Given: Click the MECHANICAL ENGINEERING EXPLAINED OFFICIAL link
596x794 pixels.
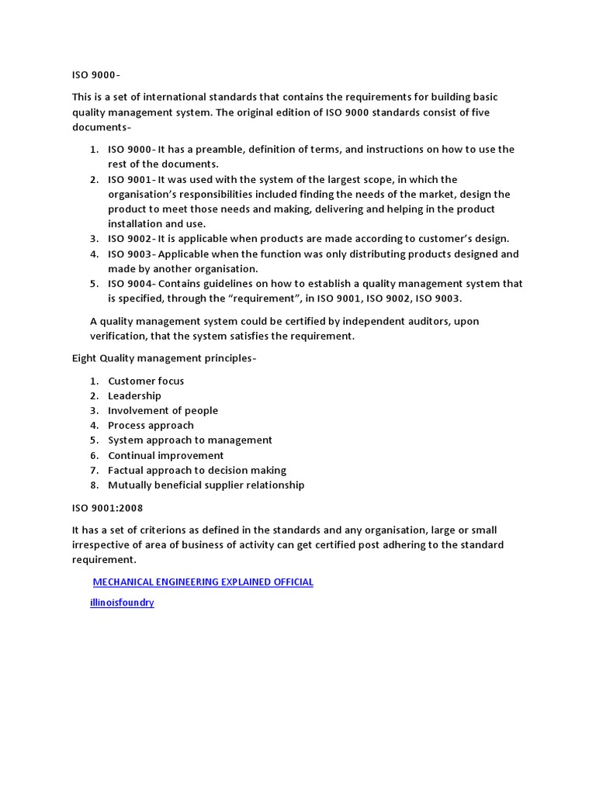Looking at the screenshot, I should (x=203, y=582).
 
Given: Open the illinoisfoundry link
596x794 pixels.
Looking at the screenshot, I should (x=123, y=602).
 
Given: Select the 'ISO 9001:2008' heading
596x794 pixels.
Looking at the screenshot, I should (x=107, y=508).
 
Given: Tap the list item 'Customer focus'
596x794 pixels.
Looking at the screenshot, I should (x=146, y=381).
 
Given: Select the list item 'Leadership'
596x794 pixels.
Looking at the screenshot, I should (x=134, y=395).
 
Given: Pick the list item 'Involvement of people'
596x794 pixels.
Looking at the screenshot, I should (x=163, y=410).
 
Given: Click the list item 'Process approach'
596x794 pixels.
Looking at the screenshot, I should (x=151, y=425).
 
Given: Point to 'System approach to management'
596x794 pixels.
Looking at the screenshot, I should (x=190, y=440).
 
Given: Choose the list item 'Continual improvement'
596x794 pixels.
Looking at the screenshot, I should (x=165, y=455).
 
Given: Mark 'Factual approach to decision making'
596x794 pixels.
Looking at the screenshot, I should (x=197, y=470).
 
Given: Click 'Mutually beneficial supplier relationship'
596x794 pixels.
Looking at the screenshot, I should (x=206, y=485).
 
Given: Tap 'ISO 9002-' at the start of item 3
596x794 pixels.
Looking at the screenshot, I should (x=132, y=239).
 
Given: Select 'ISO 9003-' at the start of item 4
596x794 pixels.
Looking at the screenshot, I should (x=132, y=254).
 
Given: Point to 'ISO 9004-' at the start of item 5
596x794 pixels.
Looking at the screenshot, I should (x=132, y=284).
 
